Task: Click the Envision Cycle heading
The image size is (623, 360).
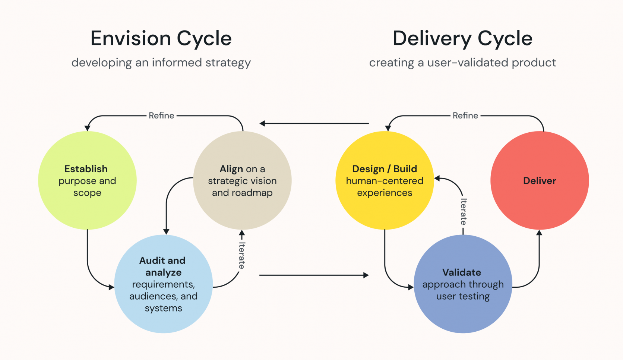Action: [x=161, y=38]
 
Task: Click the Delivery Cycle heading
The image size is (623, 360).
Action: [x=462, y=38]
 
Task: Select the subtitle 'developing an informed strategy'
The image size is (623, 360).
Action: [x=161, y=63]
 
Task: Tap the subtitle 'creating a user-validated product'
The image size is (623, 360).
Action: [x=462, y=63]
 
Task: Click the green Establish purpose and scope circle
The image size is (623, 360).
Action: [x=87, y=209]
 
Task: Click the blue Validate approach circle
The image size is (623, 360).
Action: [x=463, y=317]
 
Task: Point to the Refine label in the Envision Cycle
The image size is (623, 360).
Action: [x=161, y=116]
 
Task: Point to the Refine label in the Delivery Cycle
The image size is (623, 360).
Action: [x=465, y=116]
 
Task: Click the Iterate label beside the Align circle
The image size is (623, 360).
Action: [x=242, y=255]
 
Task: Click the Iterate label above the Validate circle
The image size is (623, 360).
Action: [x=463, y=211]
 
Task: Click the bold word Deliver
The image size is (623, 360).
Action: [x=540, y=181]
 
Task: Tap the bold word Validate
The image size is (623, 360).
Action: [x=462, y=272]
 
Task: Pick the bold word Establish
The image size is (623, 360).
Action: [x=86, y=169]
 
